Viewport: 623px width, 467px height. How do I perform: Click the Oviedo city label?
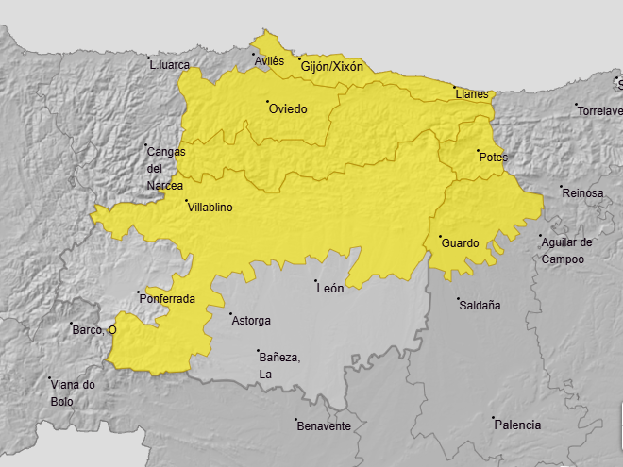pos(288,109)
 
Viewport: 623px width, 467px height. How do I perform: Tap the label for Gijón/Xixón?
pos(332,67)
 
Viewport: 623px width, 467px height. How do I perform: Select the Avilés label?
pos(269,61)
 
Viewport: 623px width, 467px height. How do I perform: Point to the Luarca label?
pos(170,65)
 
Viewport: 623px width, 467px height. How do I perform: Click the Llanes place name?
pos(472,94)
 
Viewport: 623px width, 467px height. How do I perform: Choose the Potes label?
pos(493,158)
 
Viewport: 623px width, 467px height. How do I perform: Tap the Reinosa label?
pos(582,193)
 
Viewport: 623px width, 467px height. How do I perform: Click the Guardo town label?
pos(460,243)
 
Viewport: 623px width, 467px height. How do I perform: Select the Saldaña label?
pos(480,306)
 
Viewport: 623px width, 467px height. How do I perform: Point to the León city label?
pos(330,289)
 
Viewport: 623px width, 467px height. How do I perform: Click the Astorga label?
pos(251,321)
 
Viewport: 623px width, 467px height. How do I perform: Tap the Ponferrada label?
pos(167,299)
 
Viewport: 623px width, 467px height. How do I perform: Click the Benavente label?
pos(324,426)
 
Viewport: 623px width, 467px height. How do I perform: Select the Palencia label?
pos(517,425)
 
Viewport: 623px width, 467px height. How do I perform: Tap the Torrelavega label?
pos(599,111)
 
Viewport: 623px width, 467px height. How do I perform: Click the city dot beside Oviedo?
pos(267,102)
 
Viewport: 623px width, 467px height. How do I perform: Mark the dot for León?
pos(315,281)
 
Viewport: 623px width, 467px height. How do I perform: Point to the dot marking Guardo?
pos(440,236)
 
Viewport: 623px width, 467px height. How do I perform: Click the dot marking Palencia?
pos(493,418)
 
